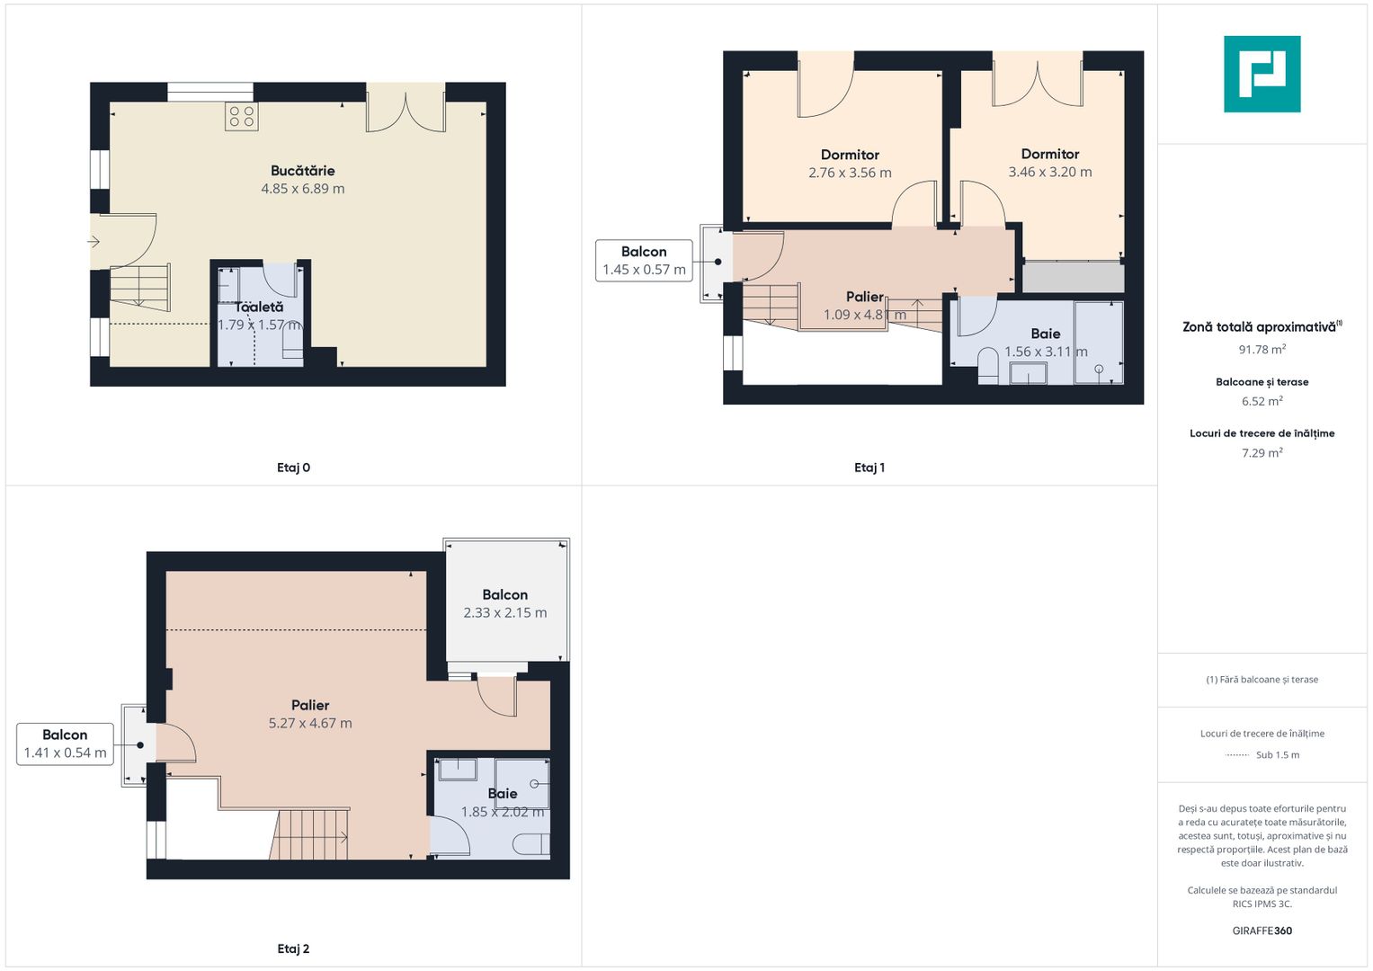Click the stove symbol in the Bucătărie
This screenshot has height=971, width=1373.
pos(242,117)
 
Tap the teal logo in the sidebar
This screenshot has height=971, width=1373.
pos(1262,74)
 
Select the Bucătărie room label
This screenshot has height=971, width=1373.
pos(303,171)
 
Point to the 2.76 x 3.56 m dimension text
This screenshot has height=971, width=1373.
pos(850,173)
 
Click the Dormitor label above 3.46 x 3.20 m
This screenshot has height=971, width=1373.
pos(1050,154)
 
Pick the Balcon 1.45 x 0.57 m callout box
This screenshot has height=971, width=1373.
pos(644,261)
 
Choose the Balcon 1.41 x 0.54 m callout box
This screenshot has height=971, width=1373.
pos(65,744)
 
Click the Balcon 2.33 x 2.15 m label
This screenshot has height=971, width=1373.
pos(505,604)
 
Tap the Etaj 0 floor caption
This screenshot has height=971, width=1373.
pos(294,468)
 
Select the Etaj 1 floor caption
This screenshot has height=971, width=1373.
pos(869,468)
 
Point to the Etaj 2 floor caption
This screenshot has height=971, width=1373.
pos(294,949)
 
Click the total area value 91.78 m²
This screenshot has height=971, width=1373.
pos(1262,350)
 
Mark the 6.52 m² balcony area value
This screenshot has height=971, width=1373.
pos(1262,402)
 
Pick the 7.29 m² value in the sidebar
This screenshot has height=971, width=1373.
pos(1262,453)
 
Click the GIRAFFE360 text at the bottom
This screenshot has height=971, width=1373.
pos(1262,931)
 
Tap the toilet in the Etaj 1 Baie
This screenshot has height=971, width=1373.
pos(987,366)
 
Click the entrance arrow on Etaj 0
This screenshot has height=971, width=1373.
pos(94,242)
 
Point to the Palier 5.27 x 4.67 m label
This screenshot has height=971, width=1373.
pos(310,714)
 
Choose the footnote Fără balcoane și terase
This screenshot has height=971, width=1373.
pos(1262,679)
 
